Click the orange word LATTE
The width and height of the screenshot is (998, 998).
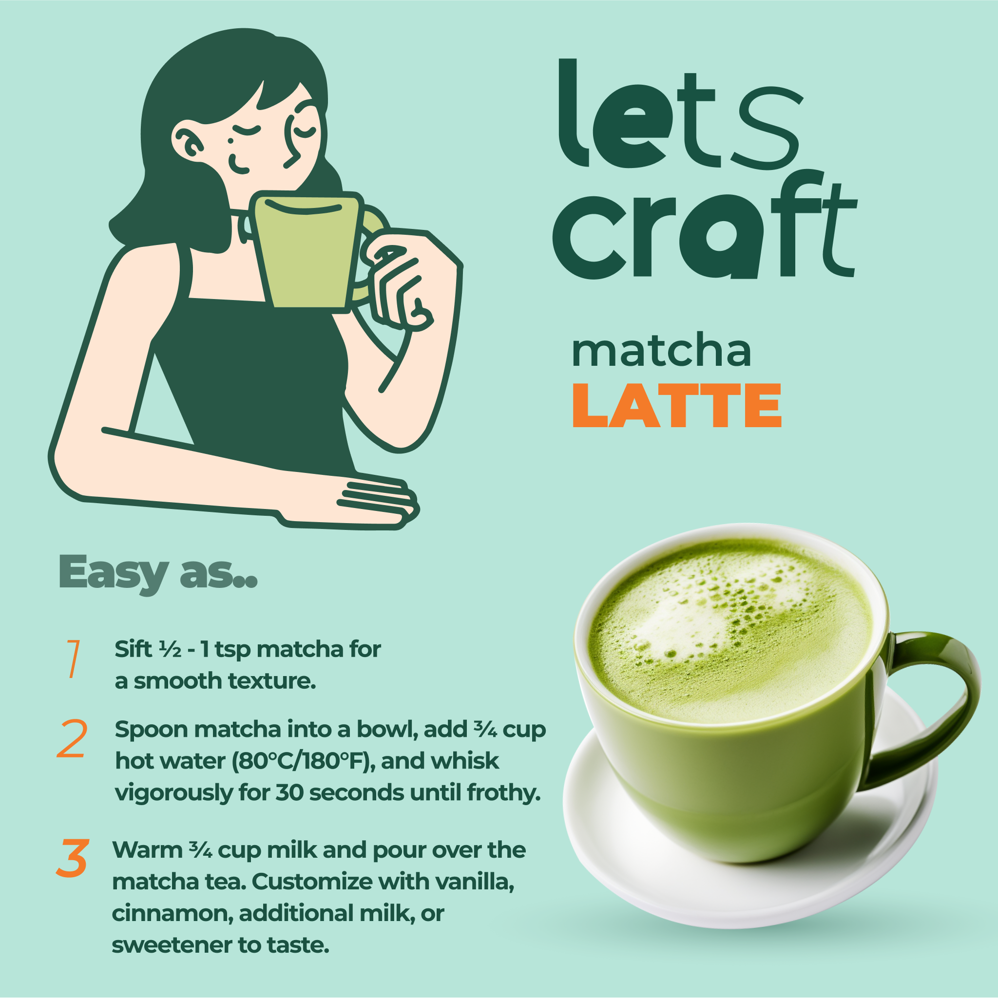[676, 406]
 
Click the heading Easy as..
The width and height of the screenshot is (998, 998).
[157, 572]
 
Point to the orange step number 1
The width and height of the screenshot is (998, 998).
[74, 659]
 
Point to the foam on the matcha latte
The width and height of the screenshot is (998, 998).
[724, 620]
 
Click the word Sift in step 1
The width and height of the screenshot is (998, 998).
[134, 649]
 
